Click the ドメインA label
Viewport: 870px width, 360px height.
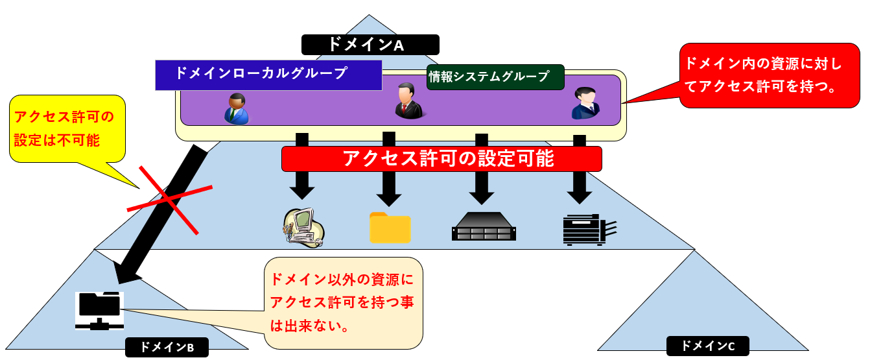point(370,45)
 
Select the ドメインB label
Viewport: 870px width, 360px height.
point(168,347)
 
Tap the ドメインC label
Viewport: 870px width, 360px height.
point(707,346)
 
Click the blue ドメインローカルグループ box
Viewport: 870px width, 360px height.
point(268,75)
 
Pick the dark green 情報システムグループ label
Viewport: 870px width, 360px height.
point(495,77)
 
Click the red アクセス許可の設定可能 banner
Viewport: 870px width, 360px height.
point(441,159)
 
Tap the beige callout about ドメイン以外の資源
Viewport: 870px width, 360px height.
point(344,303)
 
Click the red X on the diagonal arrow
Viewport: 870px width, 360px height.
point(169,199)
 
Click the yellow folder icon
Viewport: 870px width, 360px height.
point(390,228)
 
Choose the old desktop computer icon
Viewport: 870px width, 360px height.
point(303,227)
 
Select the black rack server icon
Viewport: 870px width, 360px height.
point(484,226)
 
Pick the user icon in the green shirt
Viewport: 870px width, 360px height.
point(236,108)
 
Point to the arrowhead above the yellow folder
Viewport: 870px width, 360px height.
point(389,195)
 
